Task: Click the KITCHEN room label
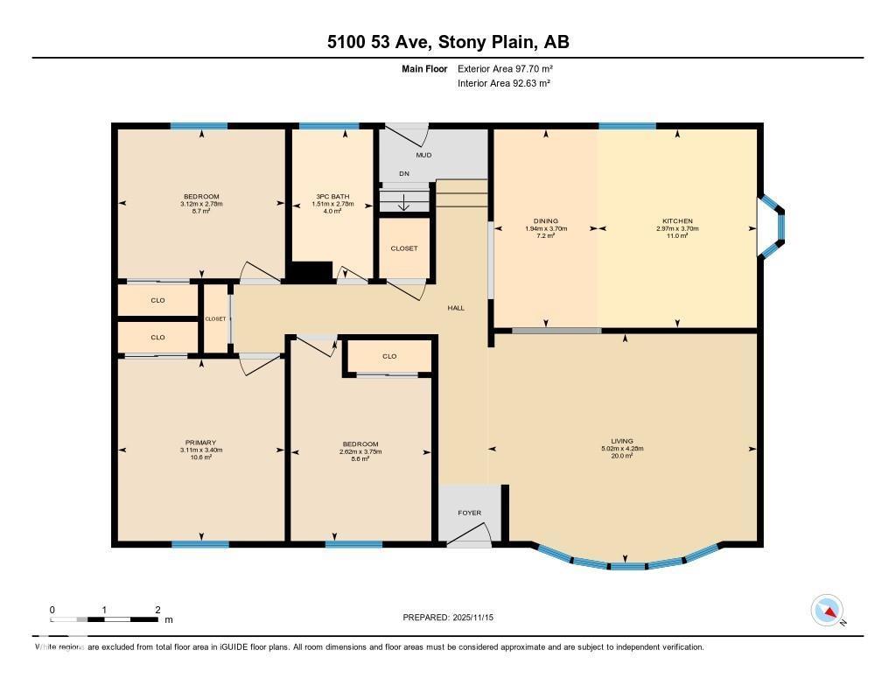[x=677, y=221]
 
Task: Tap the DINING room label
[x=546, y=221]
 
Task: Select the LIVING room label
[x=622, y=441]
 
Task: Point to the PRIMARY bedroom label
[x=200, y=443]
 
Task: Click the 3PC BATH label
[x=332, y=196]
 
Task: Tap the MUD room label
[x=423, y=156]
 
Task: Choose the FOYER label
[x=470, y=513]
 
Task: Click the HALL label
[x=456, y=308]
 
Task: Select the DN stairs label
[x=403, y=174]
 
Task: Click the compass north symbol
[x=827, y=611]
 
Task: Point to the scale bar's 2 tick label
[x=157, y=610]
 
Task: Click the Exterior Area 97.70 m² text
[x=505, y=68]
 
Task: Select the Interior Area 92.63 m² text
[x=504, y=83]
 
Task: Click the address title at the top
[x=448, y=42]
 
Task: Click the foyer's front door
[x=469, y=535]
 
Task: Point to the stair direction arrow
[x=403, y=204]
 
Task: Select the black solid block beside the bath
[x=311, y=272]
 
